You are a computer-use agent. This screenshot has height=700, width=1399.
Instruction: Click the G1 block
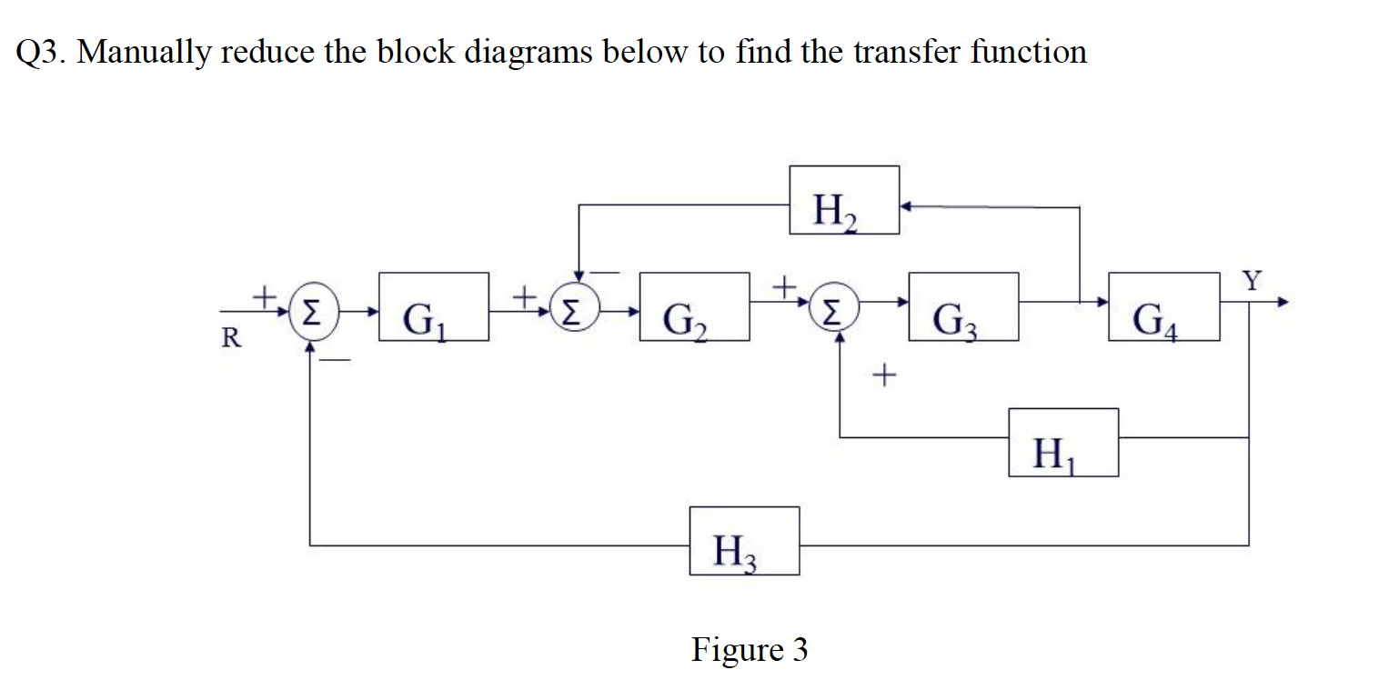point(434,306)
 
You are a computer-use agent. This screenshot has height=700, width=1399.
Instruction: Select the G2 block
point(695,306)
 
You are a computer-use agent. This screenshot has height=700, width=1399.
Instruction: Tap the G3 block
point(963,306)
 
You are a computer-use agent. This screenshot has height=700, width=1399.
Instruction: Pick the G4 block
point(1164,306)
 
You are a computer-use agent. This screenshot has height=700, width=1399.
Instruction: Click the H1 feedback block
point(1063,443)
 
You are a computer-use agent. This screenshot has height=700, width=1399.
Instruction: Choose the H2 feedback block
point(844,200)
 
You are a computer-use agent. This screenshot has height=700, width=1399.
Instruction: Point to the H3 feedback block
point(744,541)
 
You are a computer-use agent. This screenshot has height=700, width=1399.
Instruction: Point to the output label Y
point(1253,281)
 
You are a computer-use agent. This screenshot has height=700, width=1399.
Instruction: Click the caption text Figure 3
point(749,650)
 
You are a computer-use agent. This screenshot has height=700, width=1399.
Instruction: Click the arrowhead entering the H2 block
point(906,207)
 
